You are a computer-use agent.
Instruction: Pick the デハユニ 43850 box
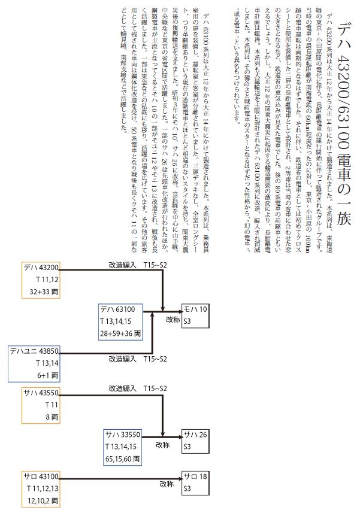point(35,363)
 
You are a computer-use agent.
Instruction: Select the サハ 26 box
point(195,441)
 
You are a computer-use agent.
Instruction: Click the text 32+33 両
point(46,292)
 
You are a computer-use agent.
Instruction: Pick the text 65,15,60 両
point(122,459)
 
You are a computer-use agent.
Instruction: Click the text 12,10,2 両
point(43,501)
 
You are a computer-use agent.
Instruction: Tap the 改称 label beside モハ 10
point(173,320)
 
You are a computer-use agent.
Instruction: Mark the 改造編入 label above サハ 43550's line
point(123,389)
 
